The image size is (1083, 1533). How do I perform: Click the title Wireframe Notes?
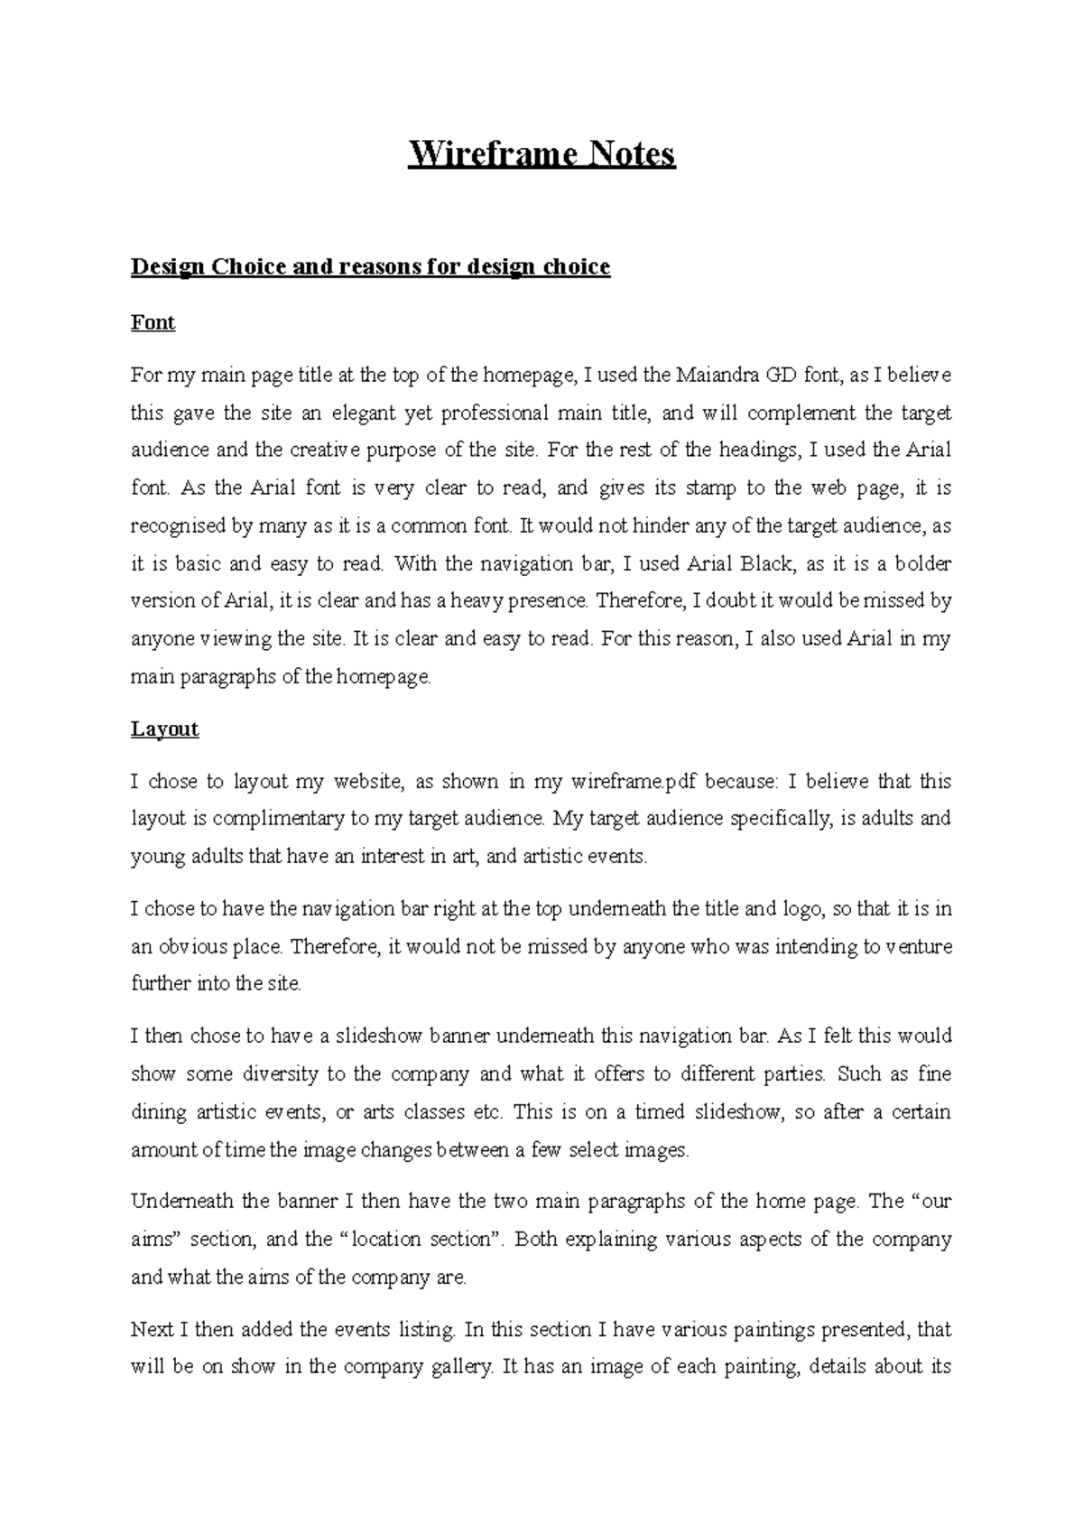point(541,154)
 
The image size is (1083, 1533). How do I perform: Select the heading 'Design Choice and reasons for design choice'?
point(370,267)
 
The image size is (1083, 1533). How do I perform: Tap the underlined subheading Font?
point(153,322)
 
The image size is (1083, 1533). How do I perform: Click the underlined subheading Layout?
point(164,729)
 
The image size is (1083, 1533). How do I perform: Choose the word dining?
point(157,1112)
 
